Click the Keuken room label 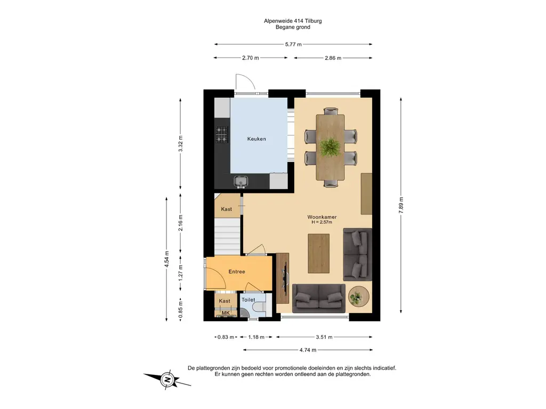click(x=256, y=139)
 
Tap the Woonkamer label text click(x=322, y=217)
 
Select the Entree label click(x=237, y=272)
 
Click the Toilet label click(x=248, y=300)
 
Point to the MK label click(x=226, y=313)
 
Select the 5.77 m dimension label click(x=294, y=44)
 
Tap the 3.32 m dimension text click(x=180, y=144)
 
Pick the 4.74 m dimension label click(x=308, y=350)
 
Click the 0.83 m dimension click(x=226, y=337)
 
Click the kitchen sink click(x=240, y=181)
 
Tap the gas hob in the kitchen click(x=222, y=135)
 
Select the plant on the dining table click(x=330, y=147)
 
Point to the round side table click(x=359, y=296)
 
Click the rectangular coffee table click(x=319, y=253)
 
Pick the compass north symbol click(x=167, y=379)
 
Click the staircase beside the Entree click(x=227, y=237)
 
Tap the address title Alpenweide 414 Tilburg click(x=293, y=21)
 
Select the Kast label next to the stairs click(x=226, y=209)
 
